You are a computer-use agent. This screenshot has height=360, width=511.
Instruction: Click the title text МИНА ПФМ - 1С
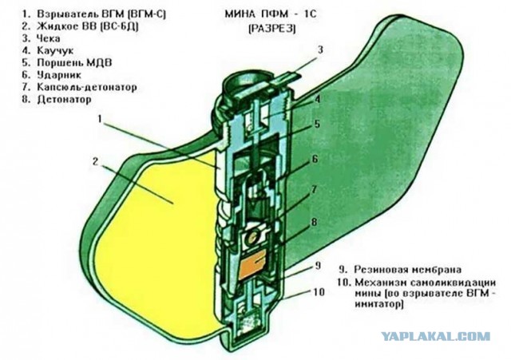click(x=270, y=14)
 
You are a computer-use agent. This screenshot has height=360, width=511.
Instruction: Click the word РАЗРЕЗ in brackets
click(x=272, y=29)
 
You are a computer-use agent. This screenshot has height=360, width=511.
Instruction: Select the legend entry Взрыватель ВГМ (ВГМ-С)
click(x=101, y=14)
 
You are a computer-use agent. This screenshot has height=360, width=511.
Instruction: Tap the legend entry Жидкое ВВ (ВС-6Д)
click(x=88, y=26)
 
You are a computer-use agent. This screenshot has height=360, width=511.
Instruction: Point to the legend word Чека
click(x=48, y=38)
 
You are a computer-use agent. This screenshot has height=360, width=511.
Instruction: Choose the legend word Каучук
click(x=55, y=50)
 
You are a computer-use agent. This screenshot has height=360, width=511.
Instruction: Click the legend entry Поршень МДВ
click(x=74, y=62)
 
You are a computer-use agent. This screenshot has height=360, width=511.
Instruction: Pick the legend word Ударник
click(x=59, y=75)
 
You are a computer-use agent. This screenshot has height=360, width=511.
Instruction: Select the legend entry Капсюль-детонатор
click(x=87, y=87)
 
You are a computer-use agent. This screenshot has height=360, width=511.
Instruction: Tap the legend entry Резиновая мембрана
click(x=408, y=270)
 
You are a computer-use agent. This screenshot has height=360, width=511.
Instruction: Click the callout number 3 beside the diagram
click(x=320, y=49)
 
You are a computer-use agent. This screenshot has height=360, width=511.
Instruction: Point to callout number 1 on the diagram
click(x=101, y=120)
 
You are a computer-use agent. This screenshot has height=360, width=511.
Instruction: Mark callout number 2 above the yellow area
click(x=95, y=161)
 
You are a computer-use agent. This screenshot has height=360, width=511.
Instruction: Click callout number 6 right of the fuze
click(x=315, y=160)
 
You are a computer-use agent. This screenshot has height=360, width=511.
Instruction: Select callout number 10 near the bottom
click(x=319, y=291)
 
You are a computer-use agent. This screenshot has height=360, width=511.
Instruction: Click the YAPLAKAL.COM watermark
click(x=436, y=336)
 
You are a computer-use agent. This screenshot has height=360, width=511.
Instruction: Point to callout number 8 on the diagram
click(x=314, y=223)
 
